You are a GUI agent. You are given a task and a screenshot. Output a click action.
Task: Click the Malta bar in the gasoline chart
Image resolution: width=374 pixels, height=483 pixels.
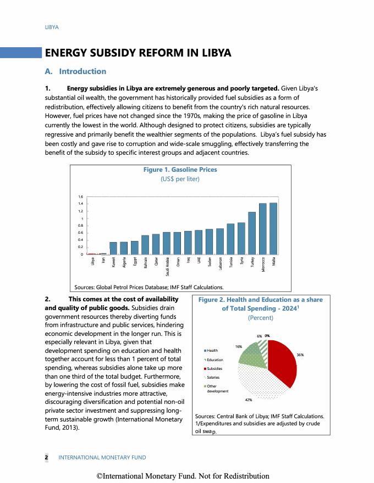[x=273, y=229]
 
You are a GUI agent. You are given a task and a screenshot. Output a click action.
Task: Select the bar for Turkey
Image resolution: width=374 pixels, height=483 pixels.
[x=252, y=233]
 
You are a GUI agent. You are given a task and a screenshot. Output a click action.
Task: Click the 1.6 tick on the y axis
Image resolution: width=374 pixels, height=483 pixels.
[x=80, y=196]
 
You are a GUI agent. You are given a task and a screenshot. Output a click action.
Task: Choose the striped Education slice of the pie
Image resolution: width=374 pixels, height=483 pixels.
[x=263, y=347]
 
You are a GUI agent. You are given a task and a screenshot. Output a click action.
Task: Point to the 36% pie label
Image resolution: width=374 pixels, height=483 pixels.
[x=300, y=355]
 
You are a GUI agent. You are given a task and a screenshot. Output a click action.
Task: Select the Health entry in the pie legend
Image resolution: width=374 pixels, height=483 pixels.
[x=212, y=350]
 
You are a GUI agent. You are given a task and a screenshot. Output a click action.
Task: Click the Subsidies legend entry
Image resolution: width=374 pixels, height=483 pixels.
[x=215, y=368]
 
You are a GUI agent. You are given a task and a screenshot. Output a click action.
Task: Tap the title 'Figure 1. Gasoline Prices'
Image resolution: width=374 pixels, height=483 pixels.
[x=180, y=170]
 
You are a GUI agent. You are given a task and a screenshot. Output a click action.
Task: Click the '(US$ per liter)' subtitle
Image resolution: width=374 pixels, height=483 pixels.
[x=180, y=179]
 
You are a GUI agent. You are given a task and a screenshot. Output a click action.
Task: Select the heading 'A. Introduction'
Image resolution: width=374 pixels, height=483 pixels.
[x=75, y=71]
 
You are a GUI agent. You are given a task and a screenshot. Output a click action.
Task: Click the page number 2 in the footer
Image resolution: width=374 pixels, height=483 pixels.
[x=46, y=457]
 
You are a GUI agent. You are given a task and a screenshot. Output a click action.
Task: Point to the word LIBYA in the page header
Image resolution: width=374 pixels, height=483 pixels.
[x=52, y=27]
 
